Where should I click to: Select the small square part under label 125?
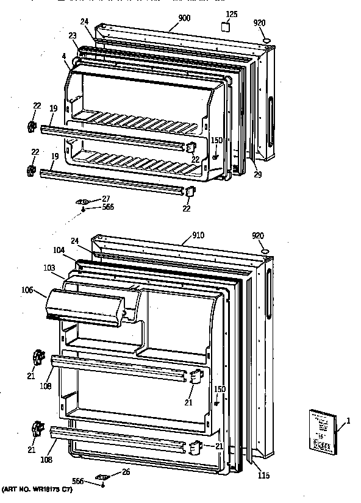(x=226, y=27)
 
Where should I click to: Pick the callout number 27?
(x=105, y=198)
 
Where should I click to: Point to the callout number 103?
(x=66, y=267)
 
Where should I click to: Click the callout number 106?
(x=44, y=290)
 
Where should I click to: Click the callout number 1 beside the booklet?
(x=348, y=421)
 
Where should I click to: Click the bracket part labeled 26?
(x=102, y=477)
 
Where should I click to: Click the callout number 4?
(x=64, y=57)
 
